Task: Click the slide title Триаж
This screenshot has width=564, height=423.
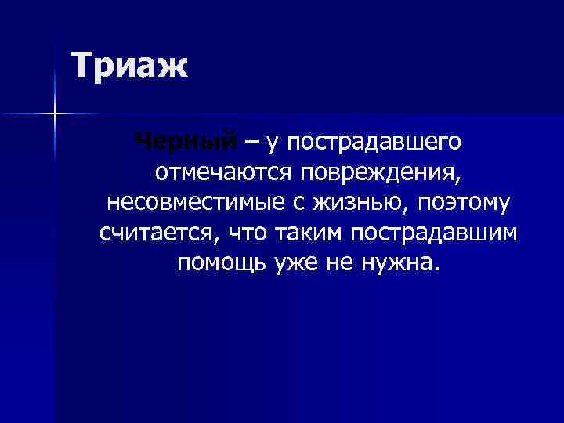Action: coord(129,65)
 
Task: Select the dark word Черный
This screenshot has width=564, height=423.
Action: coord(185,142)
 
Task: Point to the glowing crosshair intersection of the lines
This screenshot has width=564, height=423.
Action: coord(55,114)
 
